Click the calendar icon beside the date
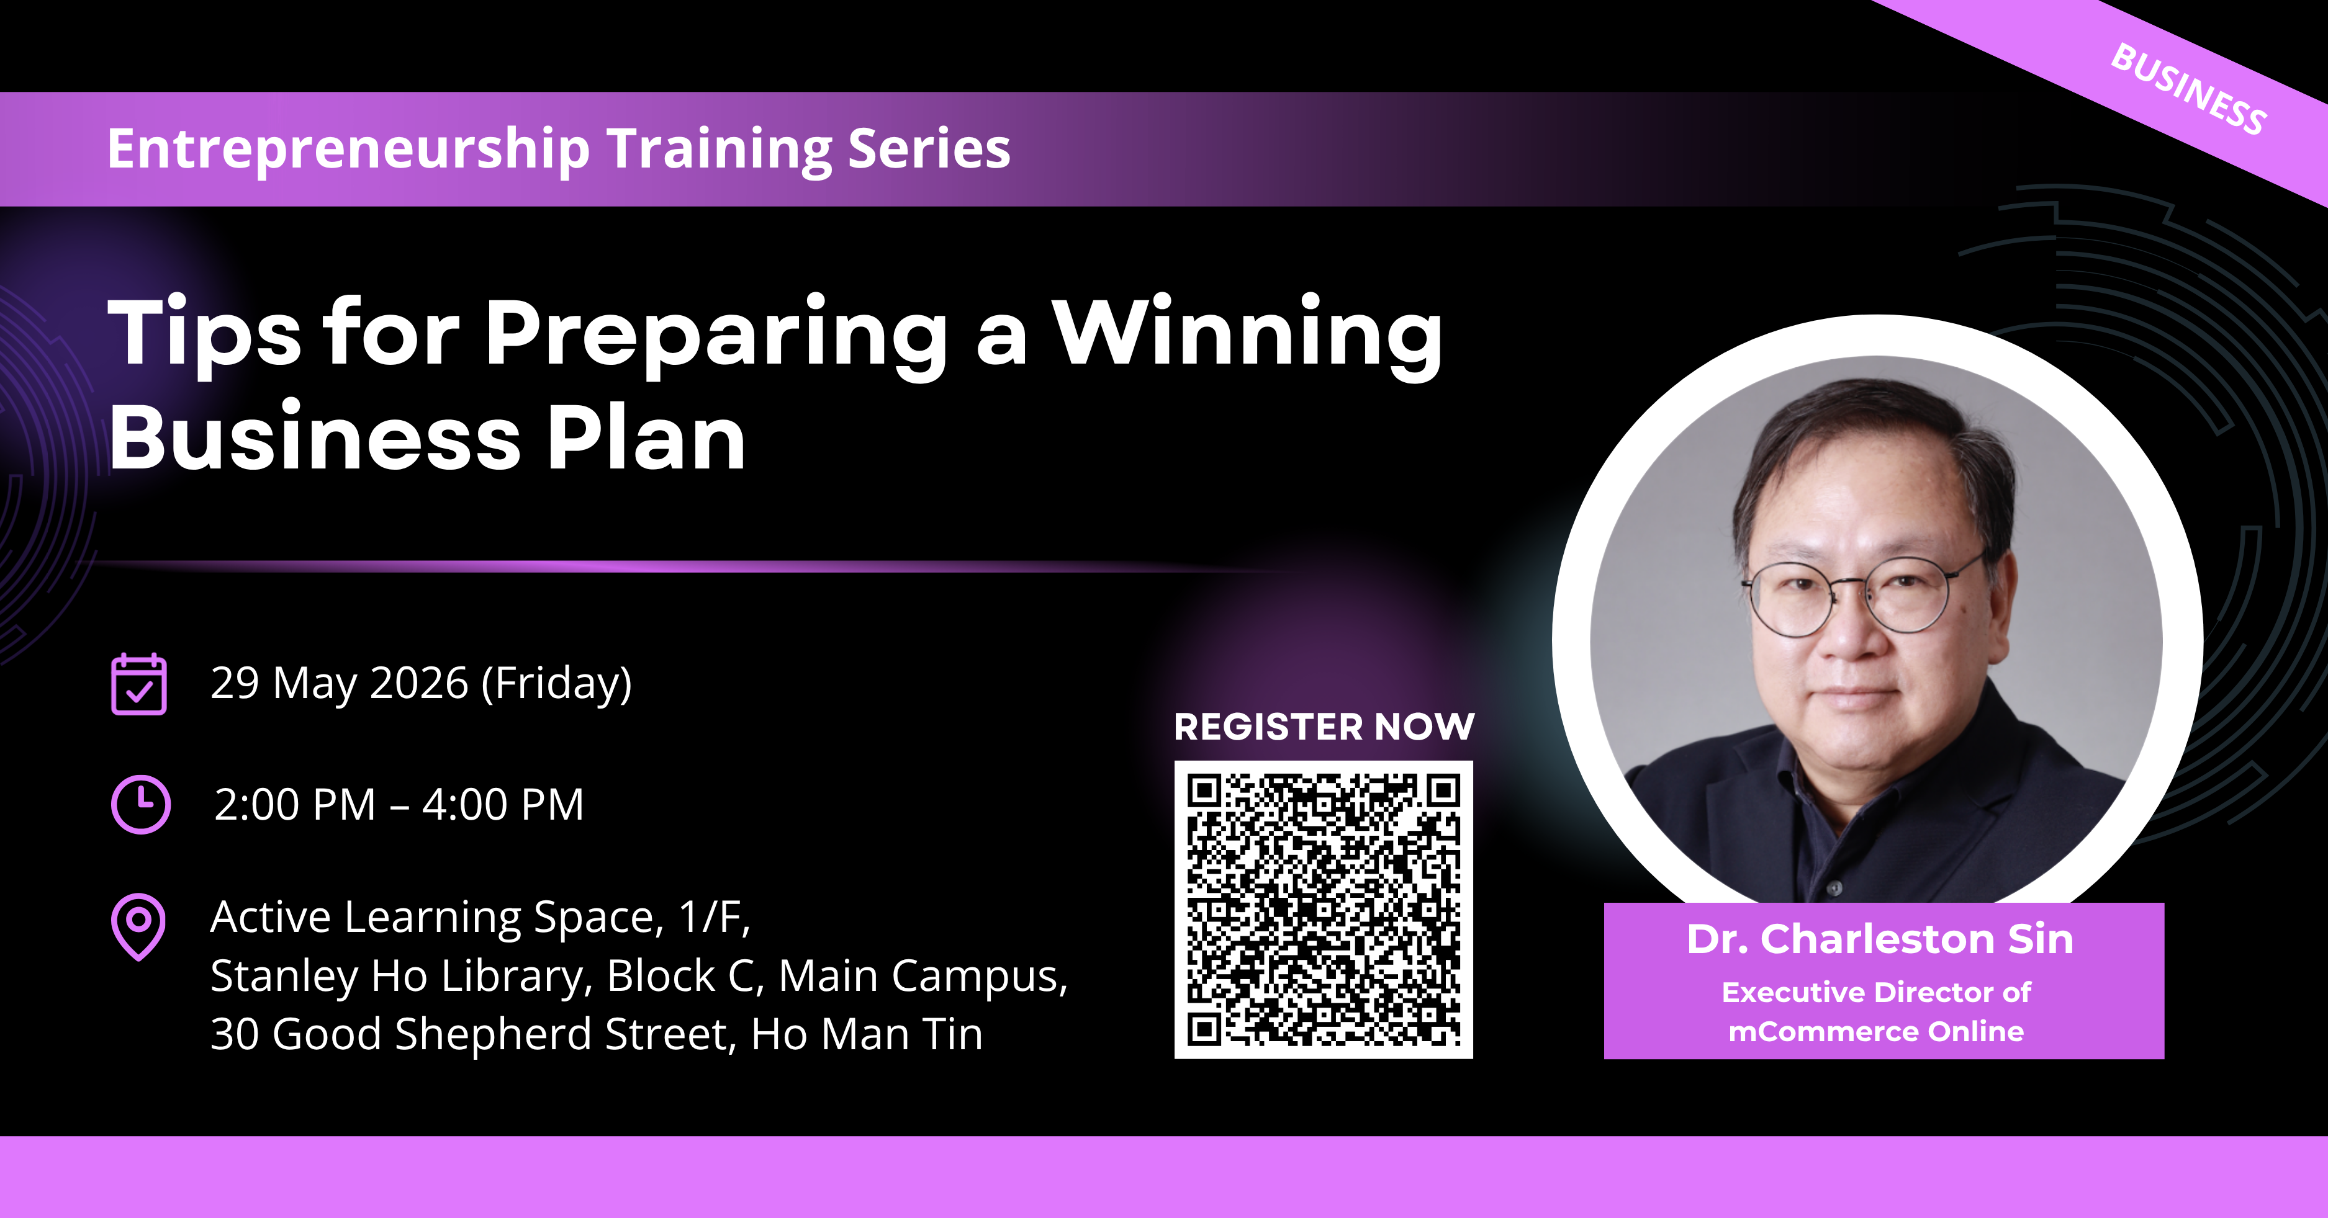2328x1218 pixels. coord(138,684)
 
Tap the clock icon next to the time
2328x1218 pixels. coord(140,804)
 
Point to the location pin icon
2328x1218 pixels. coord(138,927)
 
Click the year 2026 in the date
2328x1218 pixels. coord(419,683)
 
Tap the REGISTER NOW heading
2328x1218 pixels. coord(1324,727)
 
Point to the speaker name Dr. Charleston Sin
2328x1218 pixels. coord(1880,939)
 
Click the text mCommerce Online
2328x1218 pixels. coord(1876,1032)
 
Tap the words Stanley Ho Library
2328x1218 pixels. coord(401,977)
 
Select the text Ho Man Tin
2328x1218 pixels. coord(867,1034)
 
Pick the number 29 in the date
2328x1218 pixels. coord(235,683)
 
